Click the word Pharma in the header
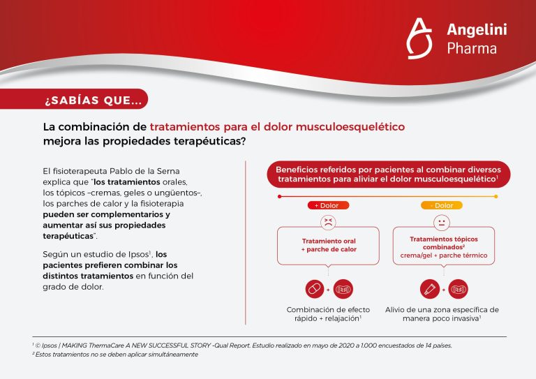click(x=472, y=49)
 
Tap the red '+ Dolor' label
click(x=327, y=205)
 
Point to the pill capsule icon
click(x=315, y=288)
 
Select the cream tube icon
click(x=429, y=288)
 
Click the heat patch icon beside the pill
click(x=343, y=288)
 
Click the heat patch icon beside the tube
click(x=458, y=288)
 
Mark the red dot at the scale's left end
click(x=279, y=196)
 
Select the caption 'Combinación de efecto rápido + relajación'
click(x=327, y=314)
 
